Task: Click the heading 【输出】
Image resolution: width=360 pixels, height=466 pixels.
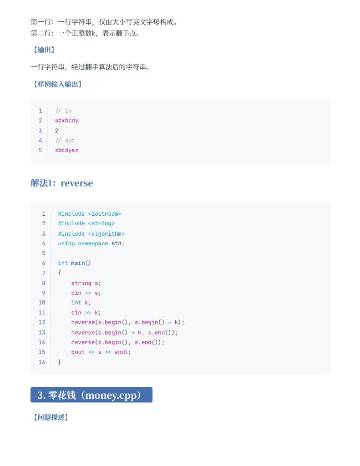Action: coord(44,50)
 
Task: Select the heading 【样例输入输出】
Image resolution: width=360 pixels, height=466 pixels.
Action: coord(57,84)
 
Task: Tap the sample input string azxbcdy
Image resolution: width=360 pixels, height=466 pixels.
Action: coord(66,121)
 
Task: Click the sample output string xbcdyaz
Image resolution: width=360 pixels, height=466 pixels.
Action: coord(66,150)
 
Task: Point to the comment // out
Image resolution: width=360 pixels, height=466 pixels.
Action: coord(65,140)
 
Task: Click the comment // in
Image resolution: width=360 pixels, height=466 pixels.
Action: coord(63,111)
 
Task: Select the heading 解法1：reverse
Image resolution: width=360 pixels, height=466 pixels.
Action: coord(61,183)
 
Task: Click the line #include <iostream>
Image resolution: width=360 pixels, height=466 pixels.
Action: coord(90,214)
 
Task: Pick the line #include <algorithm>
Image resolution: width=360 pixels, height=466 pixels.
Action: coord(91,233)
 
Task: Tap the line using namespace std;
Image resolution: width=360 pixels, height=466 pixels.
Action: coord(91,243)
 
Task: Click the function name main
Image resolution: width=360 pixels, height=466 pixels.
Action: coord(78,263)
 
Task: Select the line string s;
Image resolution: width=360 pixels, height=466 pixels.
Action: coord(86,283)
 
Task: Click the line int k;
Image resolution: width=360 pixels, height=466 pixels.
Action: coord(81,303)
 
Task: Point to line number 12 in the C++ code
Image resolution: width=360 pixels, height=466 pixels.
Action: coord(42,322)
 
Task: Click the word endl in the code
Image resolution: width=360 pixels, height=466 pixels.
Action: coord(121,352)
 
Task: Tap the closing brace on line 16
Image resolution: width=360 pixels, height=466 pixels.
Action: coord(60,362)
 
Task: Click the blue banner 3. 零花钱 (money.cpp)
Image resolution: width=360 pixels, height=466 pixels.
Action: coord(91,395)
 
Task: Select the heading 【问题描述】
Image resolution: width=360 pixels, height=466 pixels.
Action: coord(51,417)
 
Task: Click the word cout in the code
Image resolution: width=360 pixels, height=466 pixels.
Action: coord(78,352)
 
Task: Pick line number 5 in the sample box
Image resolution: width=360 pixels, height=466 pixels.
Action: coord(40,150)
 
